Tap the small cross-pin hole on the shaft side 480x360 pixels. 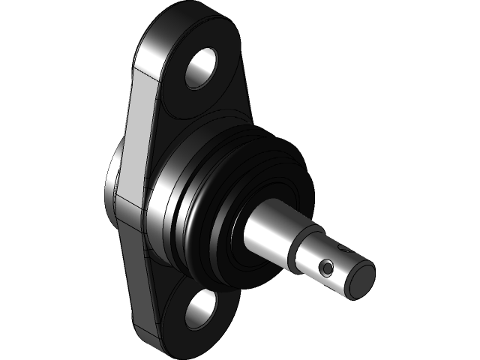coord(326,267)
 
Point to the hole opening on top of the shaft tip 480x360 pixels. coord(344,249)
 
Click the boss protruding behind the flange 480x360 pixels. coord(113,187)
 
